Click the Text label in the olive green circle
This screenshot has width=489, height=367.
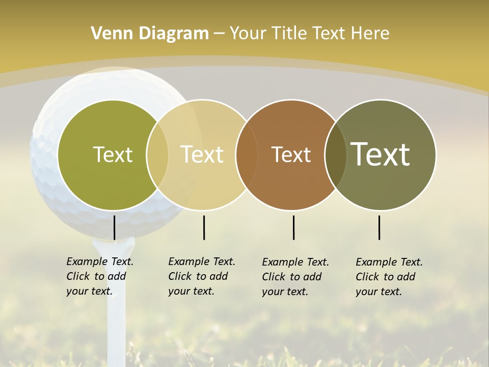(x=113, y=154)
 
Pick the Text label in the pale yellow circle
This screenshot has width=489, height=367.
(x=202, y=154)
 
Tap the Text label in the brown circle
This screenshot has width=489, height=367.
(x=291, y=154)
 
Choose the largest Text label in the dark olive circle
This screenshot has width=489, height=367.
(x=381, y=154)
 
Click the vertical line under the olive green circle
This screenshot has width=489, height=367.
(x=114, y=227)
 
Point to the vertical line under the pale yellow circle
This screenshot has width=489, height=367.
(x=204, y=227)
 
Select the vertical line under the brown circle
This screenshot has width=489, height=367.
(x=293, y=227)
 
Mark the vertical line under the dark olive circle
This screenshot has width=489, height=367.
(x=379, y=227)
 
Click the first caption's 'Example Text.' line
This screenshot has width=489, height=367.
(x=100, y=261)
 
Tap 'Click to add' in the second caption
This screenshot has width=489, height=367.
(x=198, y=276)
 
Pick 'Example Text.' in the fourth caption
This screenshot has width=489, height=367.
(x=389, y=262)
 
